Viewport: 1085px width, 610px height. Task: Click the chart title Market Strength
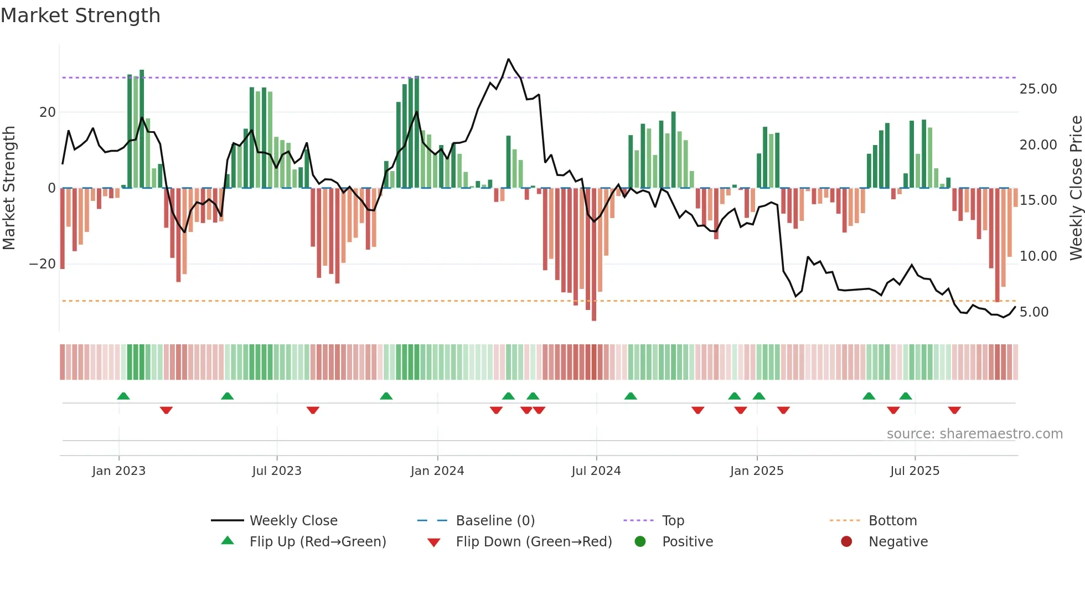(80, 15)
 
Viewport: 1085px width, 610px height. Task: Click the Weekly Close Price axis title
(1076, 188)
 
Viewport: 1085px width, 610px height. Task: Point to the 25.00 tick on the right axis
(1038, 89)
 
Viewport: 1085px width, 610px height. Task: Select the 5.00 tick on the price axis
(1034, 312)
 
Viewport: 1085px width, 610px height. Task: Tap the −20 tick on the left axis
(43, 264)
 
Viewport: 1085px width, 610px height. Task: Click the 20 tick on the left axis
(48, 112)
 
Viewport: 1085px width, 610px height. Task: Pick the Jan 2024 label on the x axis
(437, 471)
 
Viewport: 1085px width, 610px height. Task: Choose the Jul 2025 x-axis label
(914, 471)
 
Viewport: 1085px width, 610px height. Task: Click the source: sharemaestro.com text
(974, 434)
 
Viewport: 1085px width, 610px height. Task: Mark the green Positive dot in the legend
(640, 542)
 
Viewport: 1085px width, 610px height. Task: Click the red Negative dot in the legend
(846, 542)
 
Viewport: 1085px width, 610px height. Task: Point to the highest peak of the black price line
(508, 59)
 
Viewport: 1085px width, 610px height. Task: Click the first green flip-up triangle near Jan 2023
(123, 396)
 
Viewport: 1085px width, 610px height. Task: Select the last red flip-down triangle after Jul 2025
(954, 410)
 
